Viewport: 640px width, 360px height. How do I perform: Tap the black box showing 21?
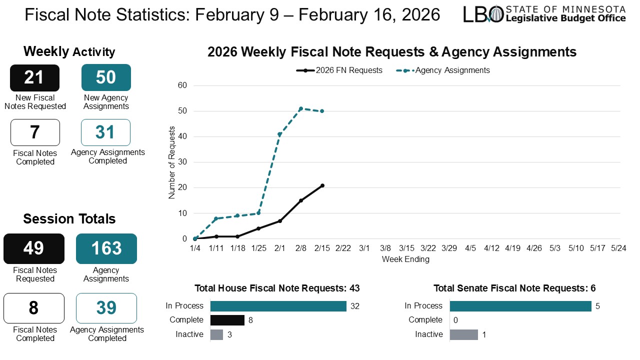click(34, 78)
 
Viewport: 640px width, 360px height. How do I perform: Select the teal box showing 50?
click(106, 77)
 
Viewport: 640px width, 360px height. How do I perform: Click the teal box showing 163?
click(106, 248)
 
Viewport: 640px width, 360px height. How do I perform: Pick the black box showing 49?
click(34, 248)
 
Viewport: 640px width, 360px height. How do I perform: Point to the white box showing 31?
click(105, 132)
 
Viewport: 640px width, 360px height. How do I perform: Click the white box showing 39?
click(106, 308)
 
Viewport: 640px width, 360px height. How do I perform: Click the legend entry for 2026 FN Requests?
click(339, 70)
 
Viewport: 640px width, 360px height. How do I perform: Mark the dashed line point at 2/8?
click(300, 108)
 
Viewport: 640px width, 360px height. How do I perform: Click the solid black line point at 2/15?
click(322, 185)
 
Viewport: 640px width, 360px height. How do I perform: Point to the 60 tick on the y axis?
click(182, 85)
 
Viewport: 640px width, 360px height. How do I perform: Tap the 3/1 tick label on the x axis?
click(364, 248)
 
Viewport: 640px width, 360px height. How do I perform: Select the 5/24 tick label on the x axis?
click(619, 248)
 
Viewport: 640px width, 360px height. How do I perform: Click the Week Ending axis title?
click(405, 259)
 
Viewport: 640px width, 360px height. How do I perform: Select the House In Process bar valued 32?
click(278, 306)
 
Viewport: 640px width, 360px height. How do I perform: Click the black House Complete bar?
click(227, 320)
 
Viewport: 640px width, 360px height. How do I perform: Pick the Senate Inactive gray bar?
click(463, 334)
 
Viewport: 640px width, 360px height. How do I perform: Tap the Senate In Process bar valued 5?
click(520, 306)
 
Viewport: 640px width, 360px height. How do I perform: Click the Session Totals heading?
click(69, 219)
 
